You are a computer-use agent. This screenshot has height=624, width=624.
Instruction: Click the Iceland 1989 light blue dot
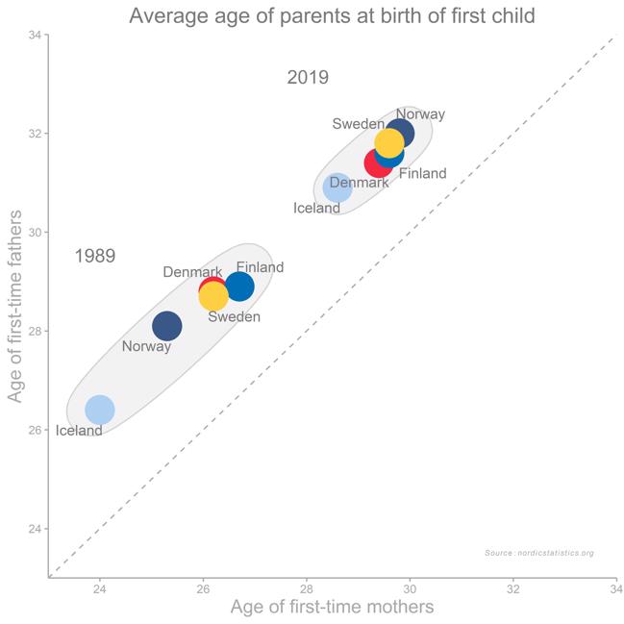click(99, 410)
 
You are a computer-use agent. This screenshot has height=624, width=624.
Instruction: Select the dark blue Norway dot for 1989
click(166, 326)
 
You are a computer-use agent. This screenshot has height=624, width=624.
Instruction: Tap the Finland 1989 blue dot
click(239, 286)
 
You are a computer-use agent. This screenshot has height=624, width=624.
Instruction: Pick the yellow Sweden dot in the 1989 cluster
click(213, 296)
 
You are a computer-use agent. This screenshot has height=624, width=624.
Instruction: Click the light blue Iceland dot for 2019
click(337, 187)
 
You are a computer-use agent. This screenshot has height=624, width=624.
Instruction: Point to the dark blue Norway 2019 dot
click(400, 133)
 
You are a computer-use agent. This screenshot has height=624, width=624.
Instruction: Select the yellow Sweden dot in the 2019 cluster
click(389, 143)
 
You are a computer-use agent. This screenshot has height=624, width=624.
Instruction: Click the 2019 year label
click(308, 78)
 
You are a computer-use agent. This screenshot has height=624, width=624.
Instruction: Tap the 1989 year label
click(95, 256)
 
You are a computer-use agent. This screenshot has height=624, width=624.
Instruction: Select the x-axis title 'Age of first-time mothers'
click(332, 607)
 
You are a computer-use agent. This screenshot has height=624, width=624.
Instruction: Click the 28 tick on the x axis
click(306, 588)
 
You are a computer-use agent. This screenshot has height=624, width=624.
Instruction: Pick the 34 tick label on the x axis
click(615, 588)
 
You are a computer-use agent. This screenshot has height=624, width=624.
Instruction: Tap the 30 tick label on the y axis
click(34, 232)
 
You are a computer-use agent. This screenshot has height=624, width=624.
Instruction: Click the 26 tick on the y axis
click(34, 430)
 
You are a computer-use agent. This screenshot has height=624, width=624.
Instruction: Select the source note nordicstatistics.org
click(539, 553)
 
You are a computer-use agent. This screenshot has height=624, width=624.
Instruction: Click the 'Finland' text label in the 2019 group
click(423, 174)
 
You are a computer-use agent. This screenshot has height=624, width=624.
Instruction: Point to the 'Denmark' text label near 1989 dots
click(192, 272)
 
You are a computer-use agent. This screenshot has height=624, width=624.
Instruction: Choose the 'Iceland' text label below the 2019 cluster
click(316, 209)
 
